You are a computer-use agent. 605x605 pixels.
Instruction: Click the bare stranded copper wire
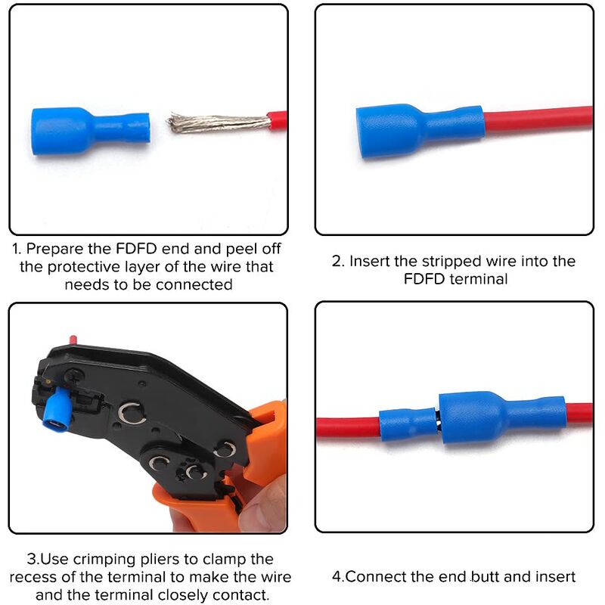[x=218, y=123]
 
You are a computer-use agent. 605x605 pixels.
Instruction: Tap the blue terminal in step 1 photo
[x=90, y=131]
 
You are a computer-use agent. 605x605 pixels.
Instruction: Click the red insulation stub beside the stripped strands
[x=278, y=121]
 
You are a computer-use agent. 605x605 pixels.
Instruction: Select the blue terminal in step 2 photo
[x=419, y=131]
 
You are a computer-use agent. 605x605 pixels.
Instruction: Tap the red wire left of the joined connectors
[x=348, y=428]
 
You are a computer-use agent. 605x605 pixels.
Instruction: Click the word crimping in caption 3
[x=104, y=560]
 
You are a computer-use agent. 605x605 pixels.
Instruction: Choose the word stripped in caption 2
[x=451, y=262]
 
